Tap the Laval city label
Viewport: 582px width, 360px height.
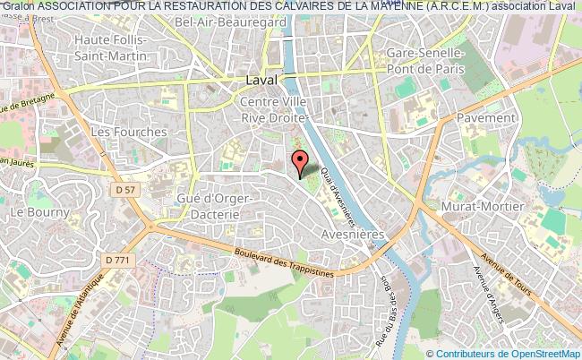coord(261,79)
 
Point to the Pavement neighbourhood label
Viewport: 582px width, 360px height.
coord(485,117)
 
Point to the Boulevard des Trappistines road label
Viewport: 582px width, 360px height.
coord(279,262)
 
